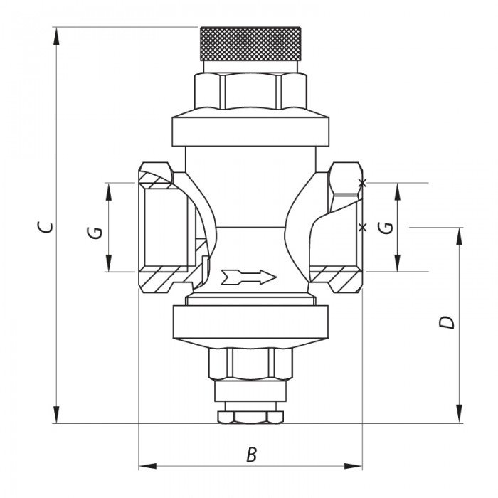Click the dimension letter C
tap(45, 227)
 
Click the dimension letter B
tap(252, 455)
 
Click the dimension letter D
tap(447, 322)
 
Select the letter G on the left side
tap(95, 232)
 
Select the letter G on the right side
tap(386, 228)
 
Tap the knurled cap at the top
tap(250, 44)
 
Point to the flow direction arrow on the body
tap(249, 277)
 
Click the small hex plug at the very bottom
tap(250, 418)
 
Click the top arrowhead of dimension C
tap(56, 36)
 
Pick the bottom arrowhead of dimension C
tap(56, 415)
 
